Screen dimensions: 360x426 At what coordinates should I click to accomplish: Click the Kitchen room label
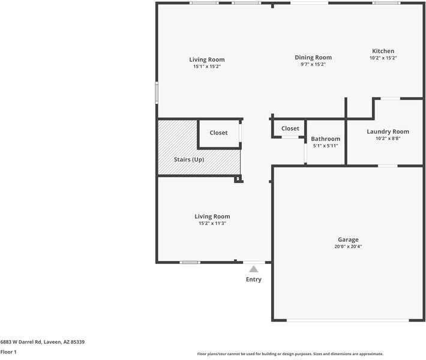[x=383, y=51]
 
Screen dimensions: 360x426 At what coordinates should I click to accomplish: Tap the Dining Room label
[x=313, y=58]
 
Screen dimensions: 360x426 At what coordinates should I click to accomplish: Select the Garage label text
[x=348, y=239]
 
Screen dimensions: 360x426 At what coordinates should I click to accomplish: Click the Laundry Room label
[x=388, y=131]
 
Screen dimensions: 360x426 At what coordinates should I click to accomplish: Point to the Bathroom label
[x=325, y=139]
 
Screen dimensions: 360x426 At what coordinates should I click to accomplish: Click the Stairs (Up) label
[x=188, y=160]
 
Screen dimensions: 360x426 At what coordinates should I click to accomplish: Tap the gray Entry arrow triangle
[x=254, y=269]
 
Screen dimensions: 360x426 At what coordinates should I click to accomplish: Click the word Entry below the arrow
[x=254, y=280]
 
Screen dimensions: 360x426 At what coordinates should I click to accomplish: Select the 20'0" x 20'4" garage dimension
[x=348, y=247]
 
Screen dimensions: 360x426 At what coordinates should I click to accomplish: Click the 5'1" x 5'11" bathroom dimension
[x=325, y=146]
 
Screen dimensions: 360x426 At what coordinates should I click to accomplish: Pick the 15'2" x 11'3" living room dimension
[x=212, y=223]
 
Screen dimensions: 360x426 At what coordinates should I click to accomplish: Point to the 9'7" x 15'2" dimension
[x=313, y=64]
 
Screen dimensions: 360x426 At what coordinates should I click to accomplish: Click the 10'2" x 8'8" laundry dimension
[x=388, y=139]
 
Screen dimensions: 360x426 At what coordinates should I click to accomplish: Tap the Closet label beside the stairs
[x=218, y=133]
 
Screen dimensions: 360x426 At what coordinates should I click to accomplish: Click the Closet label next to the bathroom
[x=290, y=128]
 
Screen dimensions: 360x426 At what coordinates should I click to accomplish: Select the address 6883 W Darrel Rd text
[x=42, y=341]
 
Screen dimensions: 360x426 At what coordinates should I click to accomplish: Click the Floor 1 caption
[x=8, y=352]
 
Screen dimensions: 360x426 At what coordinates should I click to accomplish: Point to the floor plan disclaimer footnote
[x=290, y=354]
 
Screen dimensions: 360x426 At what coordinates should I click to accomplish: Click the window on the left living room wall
[x=157, y=92]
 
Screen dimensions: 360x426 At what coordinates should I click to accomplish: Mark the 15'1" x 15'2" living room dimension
[x=207, y=67]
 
